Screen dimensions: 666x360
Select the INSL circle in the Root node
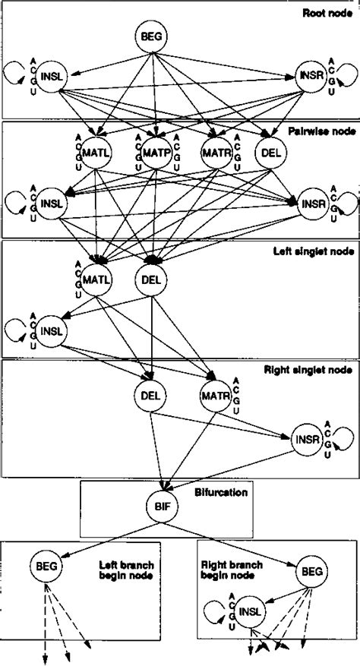52,78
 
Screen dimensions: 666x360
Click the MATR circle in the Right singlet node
215,395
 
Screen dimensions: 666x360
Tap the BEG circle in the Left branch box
46,565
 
